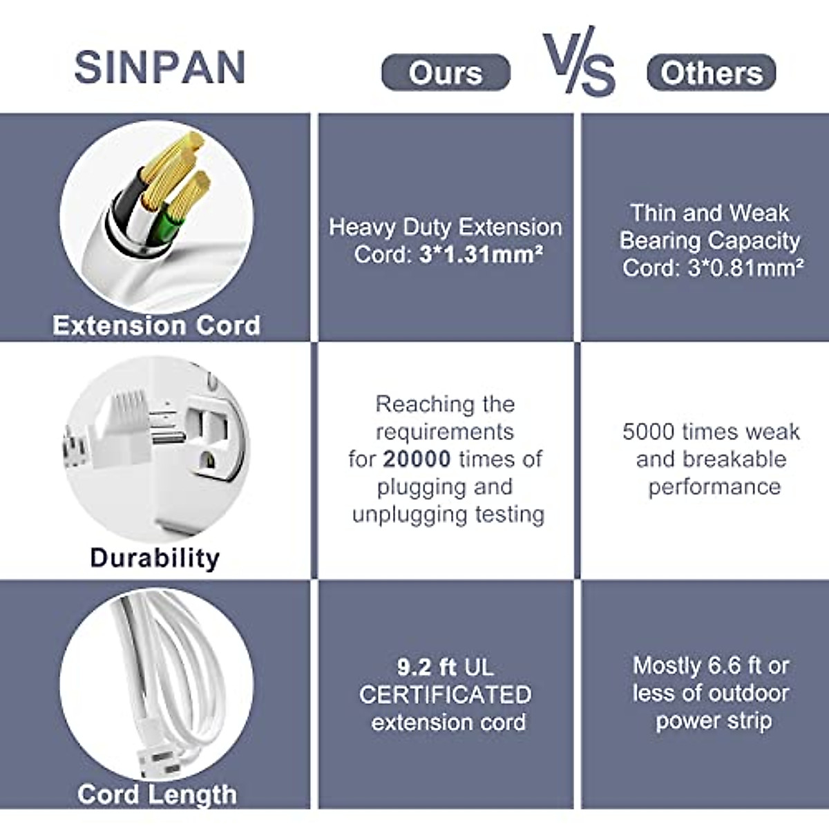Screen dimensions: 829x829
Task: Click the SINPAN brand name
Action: point(160,67)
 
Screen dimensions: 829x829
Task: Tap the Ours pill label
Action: point(446,73)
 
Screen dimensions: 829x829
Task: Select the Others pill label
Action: point(712,73)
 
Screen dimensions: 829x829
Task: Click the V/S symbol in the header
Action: point(579,61)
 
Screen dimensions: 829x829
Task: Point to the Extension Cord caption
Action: point(157,325)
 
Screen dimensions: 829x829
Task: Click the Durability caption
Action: point(155,558)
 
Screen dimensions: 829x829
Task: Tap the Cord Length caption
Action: point(157,794)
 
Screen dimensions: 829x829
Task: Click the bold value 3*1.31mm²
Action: point(481,254)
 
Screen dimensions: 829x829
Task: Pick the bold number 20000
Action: point(417,459)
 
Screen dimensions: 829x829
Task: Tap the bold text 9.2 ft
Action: point(426,667)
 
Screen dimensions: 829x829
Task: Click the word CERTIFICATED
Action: point(446,695)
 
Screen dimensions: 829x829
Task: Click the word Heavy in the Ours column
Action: point(361,227)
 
